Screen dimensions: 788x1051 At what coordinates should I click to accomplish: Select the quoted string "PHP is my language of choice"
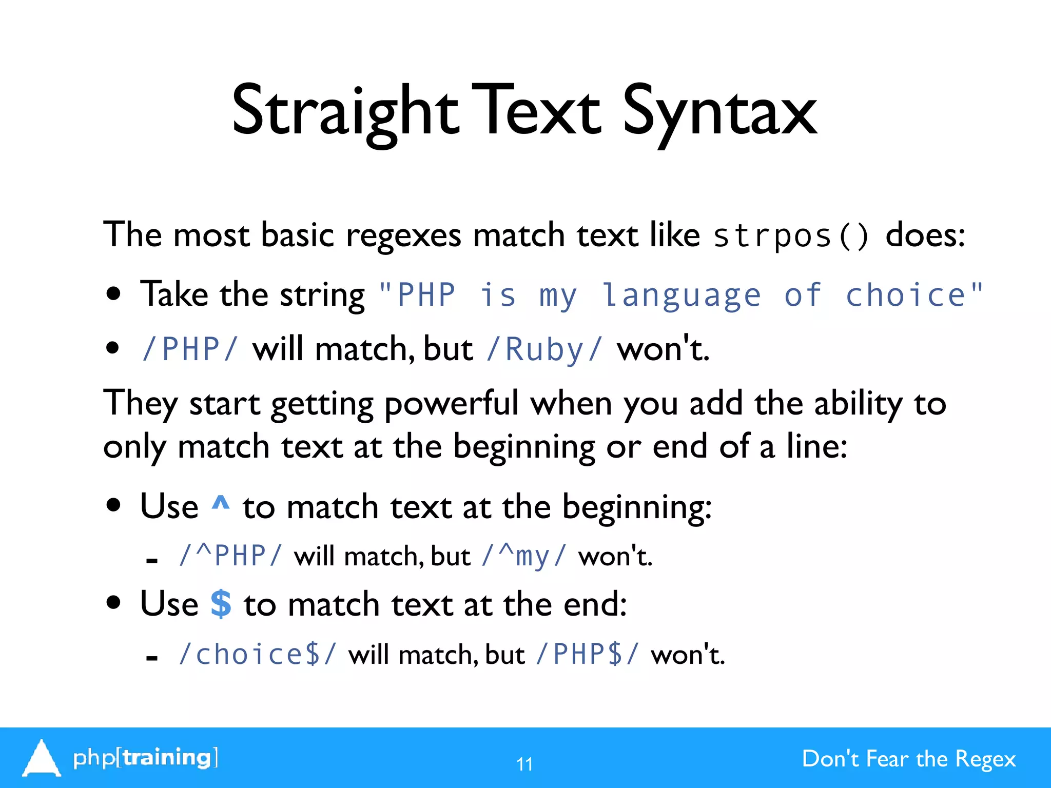click(680, 295)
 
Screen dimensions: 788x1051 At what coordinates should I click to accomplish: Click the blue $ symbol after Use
click(221, 604)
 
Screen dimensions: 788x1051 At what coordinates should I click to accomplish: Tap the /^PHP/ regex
click(230, 556)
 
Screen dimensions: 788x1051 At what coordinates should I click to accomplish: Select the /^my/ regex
click(524, 556)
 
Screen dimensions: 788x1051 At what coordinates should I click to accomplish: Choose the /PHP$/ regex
click(587, 655)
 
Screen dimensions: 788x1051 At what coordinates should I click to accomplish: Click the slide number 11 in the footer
click(524, 764)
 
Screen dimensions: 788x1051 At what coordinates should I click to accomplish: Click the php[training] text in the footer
click(146, 758)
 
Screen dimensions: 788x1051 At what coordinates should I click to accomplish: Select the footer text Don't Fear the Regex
click(908, 759)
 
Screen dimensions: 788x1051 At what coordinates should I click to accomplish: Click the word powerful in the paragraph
click(452, 404)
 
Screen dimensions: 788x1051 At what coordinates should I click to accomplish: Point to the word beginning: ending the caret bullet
click(636, 507)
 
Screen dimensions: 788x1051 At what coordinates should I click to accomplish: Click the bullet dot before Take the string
click(113, 294)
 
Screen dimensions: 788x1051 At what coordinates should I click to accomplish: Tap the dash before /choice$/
click(151, 658)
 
